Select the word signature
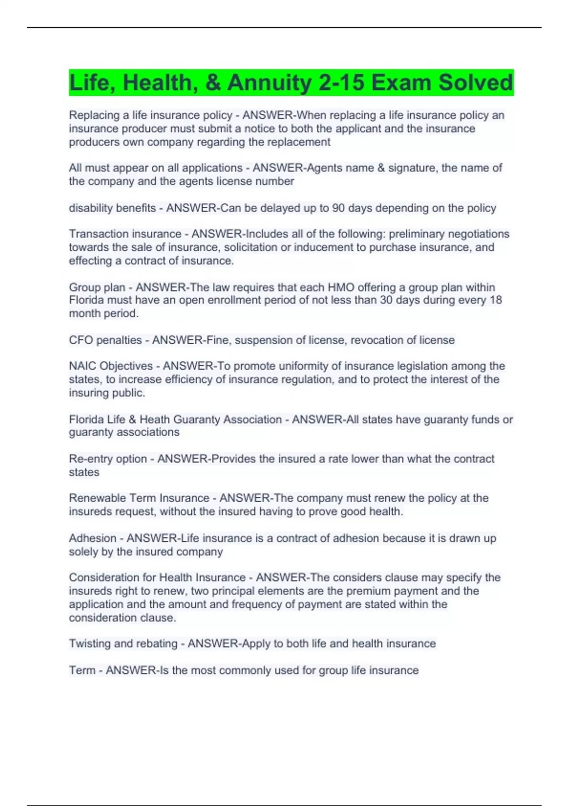coord(411,168)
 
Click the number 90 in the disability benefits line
coord(339,208)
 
